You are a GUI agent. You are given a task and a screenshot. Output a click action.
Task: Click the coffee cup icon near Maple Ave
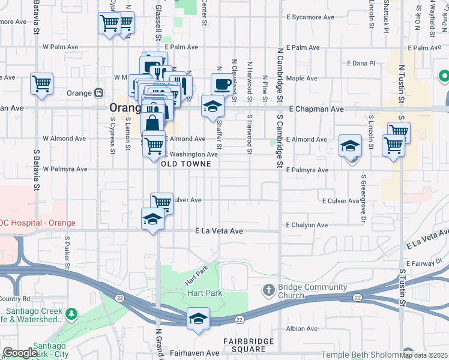[x=222, y=84]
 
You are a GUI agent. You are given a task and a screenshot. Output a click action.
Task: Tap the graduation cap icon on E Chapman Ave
[x=212, y=106]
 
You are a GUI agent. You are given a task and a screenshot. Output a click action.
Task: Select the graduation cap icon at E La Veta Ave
[x=152, y=218]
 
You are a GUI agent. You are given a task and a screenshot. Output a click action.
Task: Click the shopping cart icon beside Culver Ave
[x=161, y=203]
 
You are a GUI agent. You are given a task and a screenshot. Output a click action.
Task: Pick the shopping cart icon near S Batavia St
[x=41, y=84]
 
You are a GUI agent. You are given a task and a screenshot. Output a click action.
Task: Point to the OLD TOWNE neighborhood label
[x=187, y=164]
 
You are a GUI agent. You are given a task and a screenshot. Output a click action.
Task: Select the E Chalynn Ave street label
[x=307, y=225]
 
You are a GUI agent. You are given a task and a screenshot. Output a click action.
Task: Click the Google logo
[x=20, y=353]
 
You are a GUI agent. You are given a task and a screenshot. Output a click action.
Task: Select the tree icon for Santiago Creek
[x=71, y=314]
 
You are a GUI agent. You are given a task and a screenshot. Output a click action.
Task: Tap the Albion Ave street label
[x=303, y=329]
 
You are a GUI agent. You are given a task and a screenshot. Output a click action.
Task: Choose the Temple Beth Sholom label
[x=360, y=355]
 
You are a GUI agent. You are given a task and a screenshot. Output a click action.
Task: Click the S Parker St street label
[x=67, y=252]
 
